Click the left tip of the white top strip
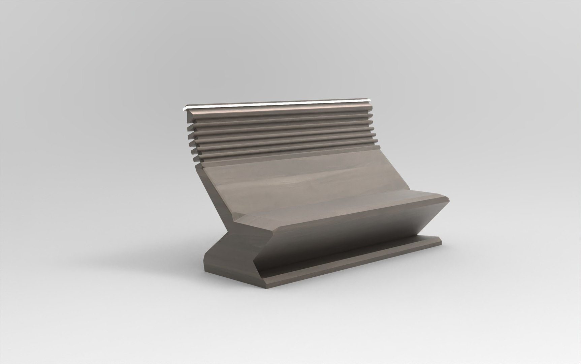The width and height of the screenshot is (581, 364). point(183,109)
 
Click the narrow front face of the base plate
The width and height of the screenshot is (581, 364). point(354,265)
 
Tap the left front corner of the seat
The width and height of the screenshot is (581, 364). point(236,222)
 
